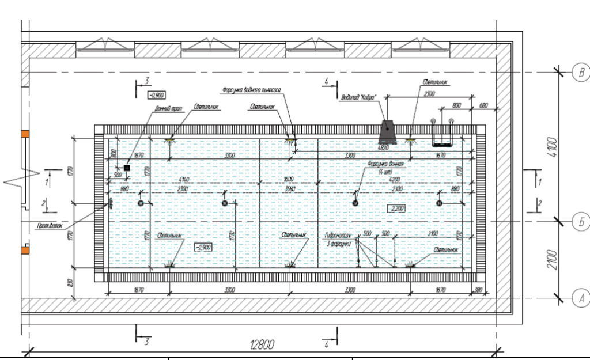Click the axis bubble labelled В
[581, 73]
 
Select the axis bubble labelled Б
[581, 221]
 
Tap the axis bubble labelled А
[581, 298]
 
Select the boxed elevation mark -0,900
[156, 96]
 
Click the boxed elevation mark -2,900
[203, 247]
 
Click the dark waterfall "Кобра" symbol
[387, 132]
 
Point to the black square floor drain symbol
[127, 168]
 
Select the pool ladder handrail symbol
[442, 132]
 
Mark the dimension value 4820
[384, 147]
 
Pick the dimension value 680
[483, 105]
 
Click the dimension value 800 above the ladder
[457, 105]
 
